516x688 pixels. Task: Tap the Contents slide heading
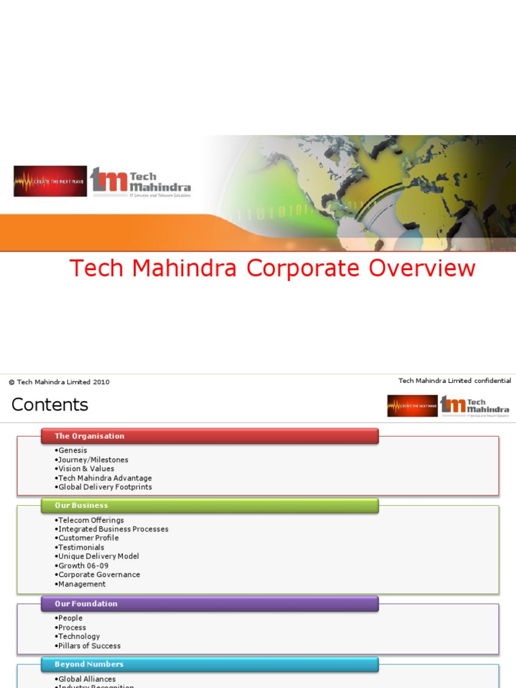tap(50, 404)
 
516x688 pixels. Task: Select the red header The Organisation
tap(89, 436)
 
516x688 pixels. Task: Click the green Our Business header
tap(81, 505)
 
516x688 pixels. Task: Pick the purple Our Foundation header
tap(86, 603)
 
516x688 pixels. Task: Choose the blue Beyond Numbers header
tap(89, 664)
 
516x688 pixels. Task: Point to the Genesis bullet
tap(73, 450)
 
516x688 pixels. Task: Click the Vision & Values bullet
tap(86, 469)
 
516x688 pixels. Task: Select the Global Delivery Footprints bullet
tap(105, 487)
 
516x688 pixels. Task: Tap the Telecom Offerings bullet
tap(91, 520)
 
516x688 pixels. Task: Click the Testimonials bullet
tap(81, 548)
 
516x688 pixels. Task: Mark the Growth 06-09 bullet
tap(83, 566)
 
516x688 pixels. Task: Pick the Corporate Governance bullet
tap(99, 575)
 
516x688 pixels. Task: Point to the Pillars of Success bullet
tap(89, 646)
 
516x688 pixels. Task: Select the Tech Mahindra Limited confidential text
tap(454, 381)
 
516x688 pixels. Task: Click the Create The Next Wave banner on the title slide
tap(50, 181)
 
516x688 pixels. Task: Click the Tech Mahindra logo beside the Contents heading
tap(475, 405)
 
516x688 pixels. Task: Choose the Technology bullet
tap(79, 636)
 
